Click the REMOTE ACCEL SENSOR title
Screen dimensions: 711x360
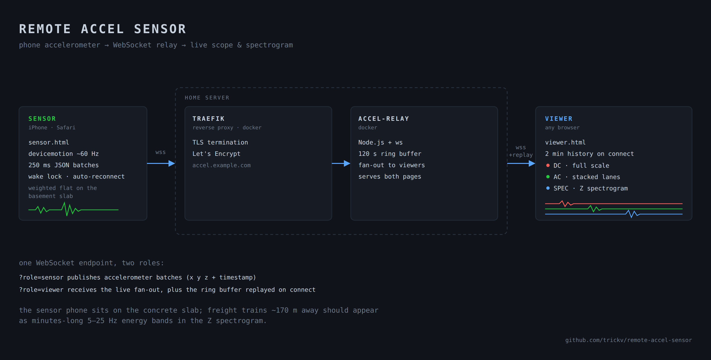coord(103,29)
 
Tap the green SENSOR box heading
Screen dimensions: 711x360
coord(42,119)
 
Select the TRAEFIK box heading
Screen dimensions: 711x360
coord(208,119)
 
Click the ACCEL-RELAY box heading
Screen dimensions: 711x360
coord(383,119)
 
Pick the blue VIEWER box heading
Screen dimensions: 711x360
coord(559,119)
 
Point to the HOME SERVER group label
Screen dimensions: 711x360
coord(207,98)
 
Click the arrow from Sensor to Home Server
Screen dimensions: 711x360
coord(161,163)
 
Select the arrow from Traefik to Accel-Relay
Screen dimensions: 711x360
coord(341,163)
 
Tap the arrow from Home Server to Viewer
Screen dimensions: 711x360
coord(521,163)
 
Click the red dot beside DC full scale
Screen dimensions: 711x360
coord(548,165)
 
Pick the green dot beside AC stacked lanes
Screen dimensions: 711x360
coord(548,176)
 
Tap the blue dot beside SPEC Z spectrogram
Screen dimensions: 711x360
coord(548,188)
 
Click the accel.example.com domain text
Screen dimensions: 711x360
coord(221,165)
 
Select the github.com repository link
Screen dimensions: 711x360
coord(629,340)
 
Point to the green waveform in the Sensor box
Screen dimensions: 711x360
coord(73,209)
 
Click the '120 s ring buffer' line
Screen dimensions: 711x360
coord(390,154)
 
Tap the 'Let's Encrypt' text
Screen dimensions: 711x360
coord(216,154)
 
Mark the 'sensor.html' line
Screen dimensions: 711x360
coord(49,142)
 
